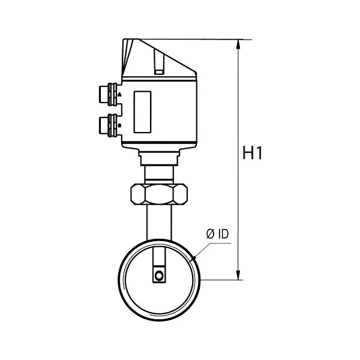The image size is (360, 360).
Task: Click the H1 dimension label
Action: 252,152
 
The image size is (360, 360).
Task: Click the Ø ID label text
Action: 217,234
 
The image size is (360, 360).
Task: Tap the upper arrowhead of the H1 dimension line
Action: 238,44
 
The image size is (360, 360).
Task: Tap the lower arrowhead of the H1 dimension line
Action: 238,275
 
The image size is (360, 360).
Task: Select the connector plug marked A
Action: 108,94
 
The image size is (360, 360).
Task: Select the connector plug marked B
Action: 108,125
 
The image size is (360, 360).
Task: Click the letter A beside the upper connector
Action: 119,95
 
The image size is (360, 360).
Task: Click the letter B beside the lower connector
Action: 119,125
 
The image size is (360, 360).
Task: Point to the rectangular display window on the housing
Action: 142,112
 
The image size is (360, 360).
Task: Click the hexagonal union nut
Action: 159,194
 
